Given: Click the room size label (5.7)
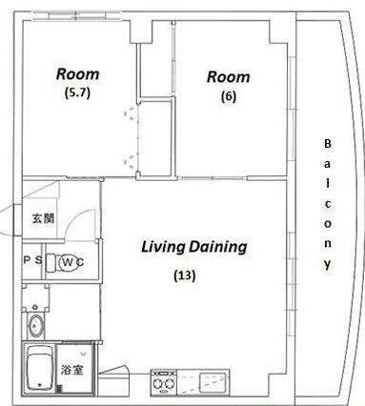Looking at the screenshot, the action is point(77,93).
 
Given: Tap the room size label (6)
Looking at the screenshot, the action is point(229,96).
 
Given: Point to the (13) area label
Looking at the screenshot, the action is point(185,275).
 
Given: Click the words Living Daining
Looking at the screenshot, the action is point(193,247).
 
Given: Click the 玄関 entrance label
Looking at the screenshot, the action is point(43,218).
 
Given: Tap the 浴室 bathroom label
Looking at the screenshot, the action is point(72,370).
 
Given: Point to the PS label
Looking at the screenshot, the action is point(32,260).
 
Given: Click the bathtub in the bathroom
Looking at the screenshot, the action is point(39,369).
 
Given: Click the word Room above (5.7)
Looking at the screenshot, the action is point(78,74).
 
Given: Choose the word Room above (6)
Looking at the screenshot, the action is point(229,77).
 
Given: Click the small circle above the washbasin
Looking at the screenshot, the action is point(35,307).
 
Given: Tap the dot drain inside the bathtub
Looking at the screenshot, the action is point(40,385).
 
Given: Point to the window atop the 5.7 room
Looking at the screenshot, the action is point(77,16).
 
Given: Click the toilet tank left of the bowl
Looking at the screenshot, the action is point(51,262).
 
